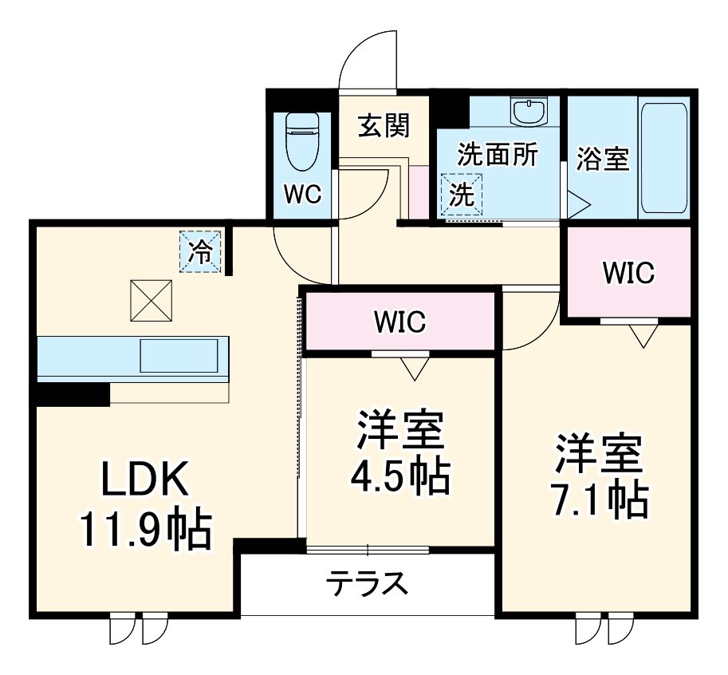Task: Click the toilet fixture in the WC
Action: tap(301, 142)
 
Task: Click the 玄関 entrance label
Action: tap(384, 125)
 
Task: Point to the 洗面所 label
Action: tap(497, 155)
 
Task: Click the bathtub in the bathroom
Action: tap(663, 156)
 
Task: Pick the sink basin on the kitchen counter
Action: tap(179, 355)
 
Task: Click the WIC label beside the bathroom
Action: tap(628, 273)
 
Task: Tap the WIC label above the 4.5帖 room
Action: tap(400, 322)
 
